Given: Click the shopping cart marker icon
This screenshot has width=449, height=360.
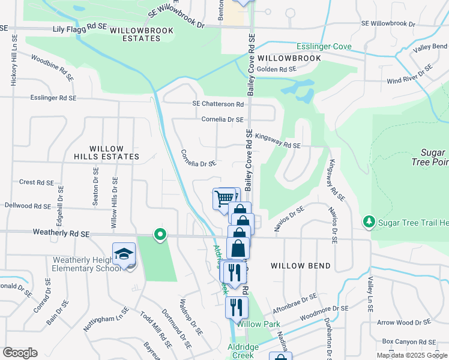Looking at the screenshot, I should pos(224,198).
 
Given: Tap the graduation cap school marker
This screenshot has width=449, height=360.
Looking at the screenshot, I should pos(124,254).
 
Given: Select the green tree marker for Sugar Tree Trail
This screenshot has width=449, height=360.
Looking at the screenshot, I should pos(369,223).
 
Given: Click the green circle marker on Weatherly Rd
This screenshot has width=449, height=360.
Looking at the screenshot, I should pos(160,235).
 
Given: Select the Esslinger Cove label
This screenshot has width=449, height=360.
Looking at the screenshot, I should pos(324,47).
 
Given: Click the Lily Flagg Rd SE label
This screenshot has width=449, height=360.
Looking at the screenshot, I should pos(80,28).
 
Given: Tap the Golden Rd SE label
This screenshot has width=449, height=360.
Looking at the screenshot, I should pos(277,69).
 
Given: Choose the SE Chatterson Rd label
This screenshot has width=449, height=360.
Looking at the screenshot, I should pos(218,104).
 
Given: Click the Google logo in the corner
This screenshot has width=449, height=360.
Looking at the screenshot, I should pos(20,353).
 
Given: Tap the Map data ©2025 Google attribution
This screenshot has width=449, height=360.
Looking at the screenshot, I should pos(412,355).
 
